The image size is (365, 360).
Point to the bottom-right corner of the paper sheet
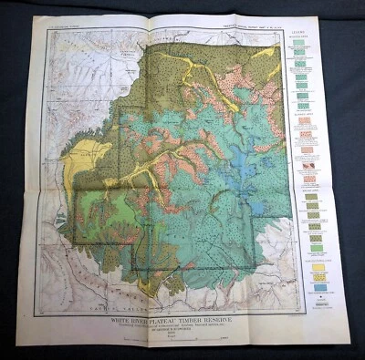click(x=349, y=345)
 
